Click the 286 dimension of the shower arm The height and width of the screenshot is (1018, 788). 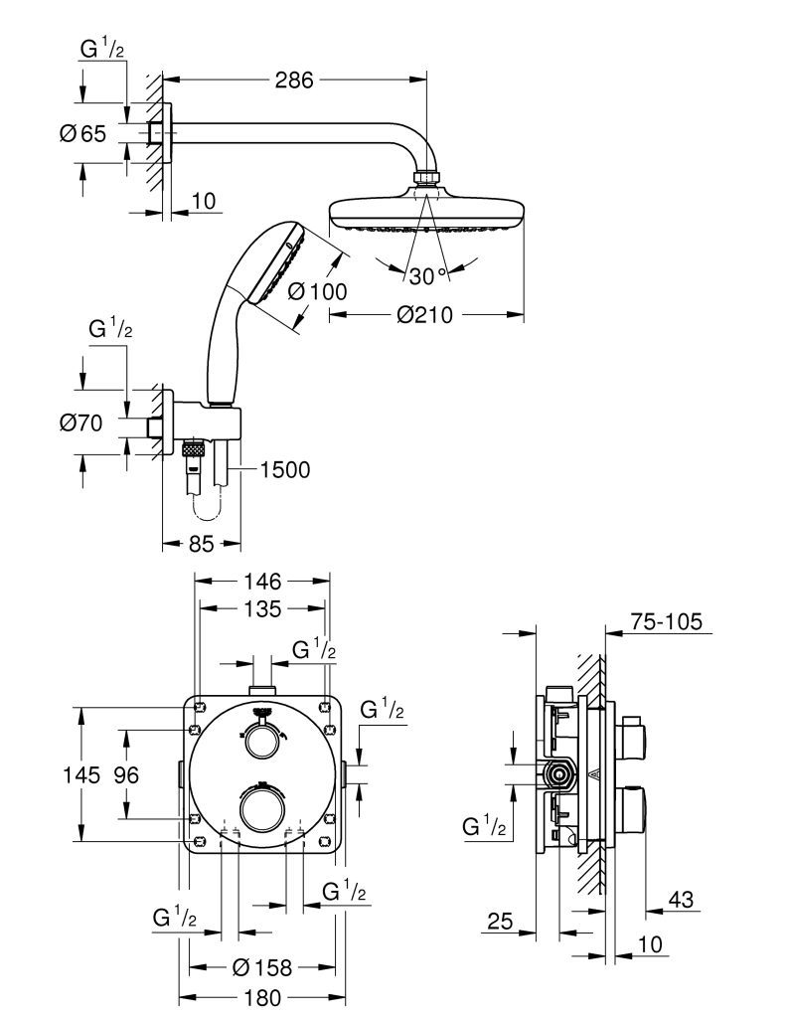[x=293, y=81]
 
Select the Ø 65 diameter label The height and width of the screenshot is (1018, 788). [x=81, y=134]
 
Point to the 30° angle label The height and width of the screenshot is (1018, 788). [x=428, y=275]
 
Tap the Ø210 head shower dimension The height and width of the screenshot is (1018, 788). [x=424, y=315]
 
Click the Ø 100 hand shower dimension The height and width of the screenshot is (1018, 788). [x=316, y=291]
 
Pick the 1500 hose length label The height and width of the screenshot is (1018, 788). [x=285, y=469]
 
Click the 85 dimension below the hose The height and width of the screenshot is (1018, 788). [x=201, y=544]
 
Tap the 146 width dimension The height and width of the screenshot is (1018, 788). [x=263, y=581]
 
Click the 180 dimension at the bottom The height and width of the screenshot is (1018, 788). [x=262, y=996]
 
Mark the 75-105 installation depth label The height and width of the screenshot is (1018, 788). [x=666, y=622]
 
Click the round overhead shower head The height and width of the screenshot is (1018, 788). [x=425, y=213]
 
